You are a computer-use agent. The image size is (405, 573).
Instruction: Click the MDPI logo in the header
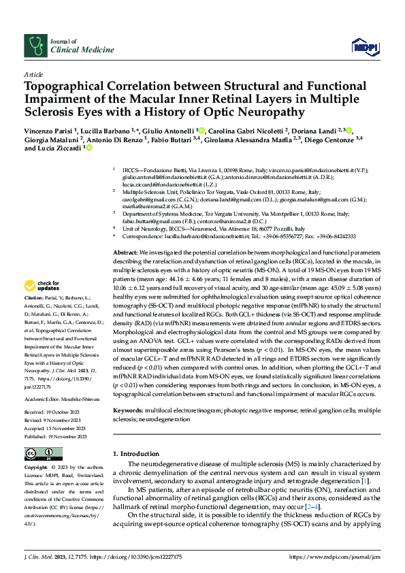click(365, 46)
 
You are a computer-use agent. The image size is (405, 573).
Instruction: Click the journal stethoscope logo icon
click(33, 45)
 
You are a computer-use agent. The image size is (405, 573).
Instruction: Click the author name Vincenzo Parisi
click(48, 130)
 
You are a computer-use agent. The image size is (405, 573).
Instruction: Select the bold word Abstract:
click(126, 252)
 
